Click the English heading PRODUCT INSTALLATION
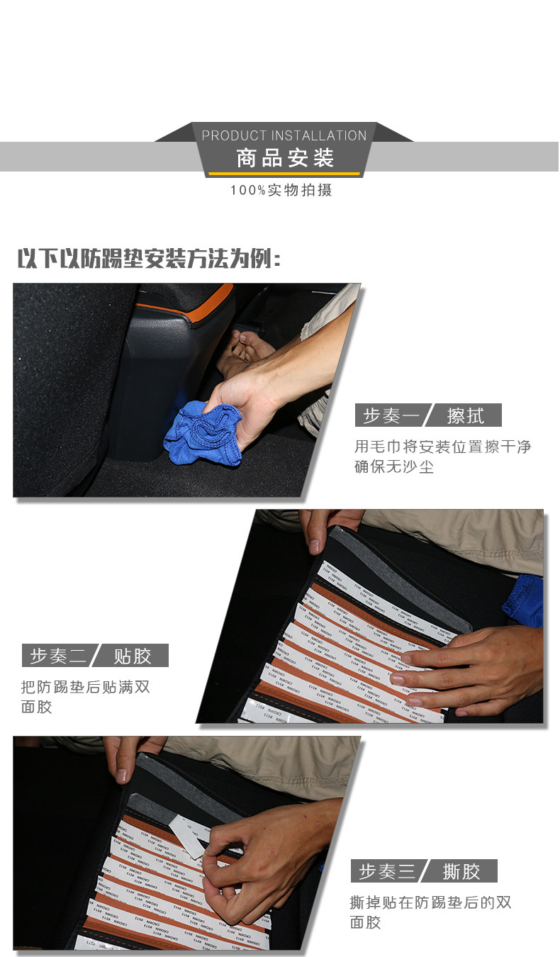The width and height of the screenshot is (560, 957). [x=284, y=135]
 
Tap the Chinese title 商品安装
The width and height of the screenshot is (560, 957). [x=284, y=157]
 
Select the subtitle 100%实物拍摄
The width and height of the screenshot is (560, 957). [x=281, y=190]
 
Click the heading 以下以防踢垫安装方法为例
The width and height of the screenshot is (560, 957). [x=149, y=259]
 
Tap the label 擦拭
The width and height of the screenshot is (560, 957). [x=466, y=415]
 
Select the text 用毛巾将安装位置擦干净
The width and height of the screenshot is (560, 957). [x=442, y=447]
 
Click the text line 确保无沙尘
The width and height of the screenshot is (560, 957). [x=394, y=467]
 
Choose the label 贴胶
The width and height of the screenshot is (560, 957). [x=133, y=656]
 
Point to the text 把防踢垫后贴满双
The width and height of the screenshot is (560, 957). [x=86, y=687]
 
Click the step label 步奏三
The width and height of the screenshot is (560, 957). [x=387, y=871]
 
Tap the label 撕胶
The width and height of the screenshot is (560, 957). [x=461, y=871]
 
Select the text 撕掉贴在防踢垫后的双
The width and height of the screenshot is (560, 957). [x=430, y=902]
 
